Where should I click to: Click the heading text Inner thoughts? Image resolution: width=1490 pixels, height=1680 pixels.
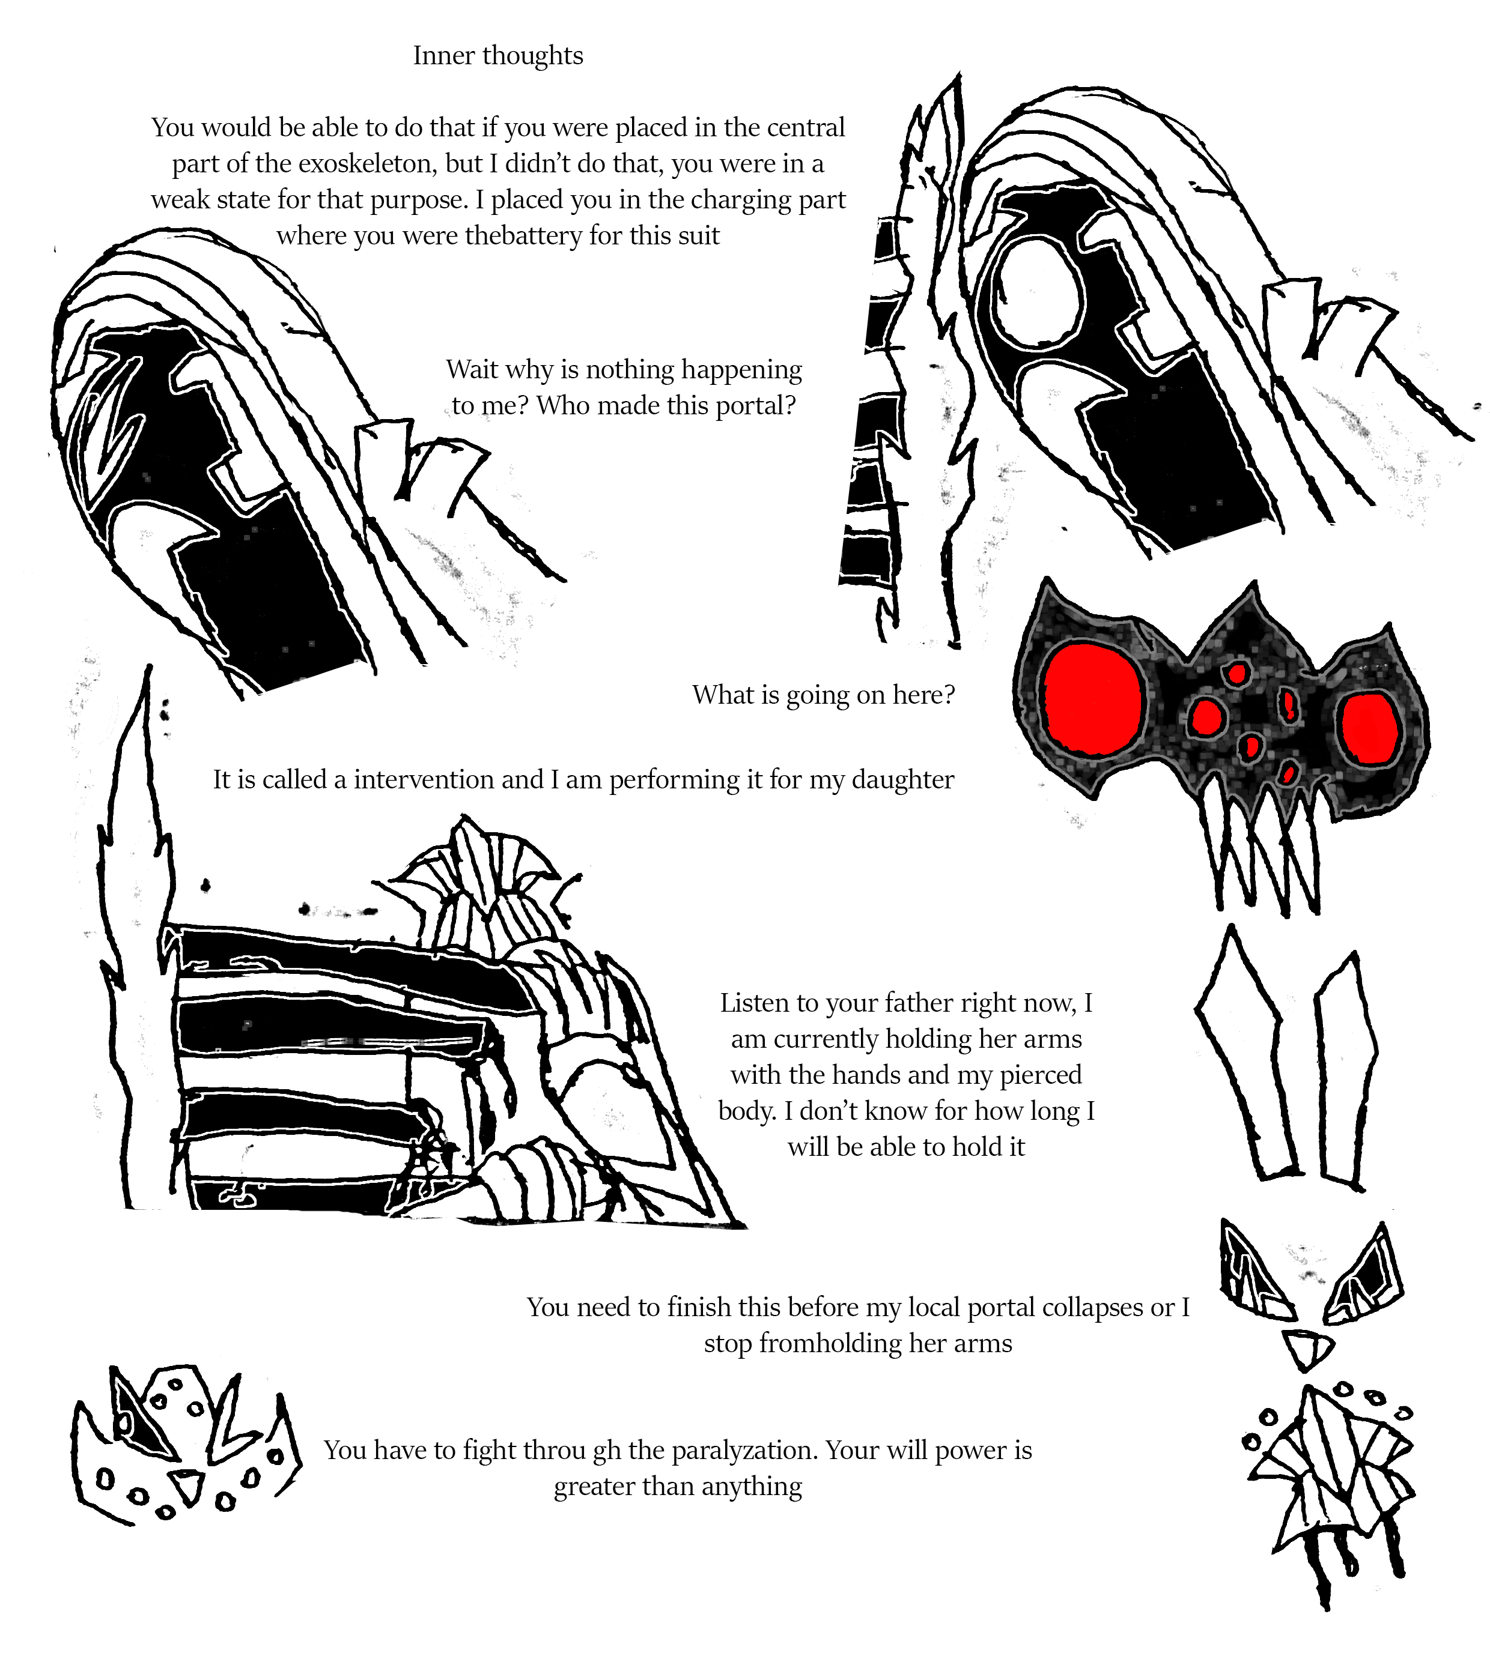[x=498, y=56]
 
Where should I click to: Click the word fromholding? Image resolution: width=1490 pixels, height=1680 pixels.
[x=830, y=1344]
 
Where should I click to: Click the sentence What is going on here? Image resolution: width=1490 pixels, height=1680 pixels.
[x=824, y=695]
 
